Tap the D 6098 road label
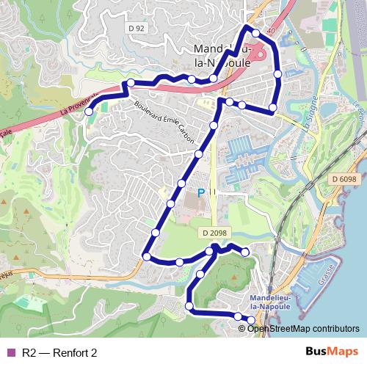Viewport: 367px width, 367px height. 343,178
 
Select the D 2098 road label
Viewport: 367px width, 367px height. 212,233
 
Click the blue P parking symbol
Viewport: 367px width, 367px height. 201,193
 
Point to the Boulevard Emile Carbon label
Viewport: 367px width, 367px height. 161,118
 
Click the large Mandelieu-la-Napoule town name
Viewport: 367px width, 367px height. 220,56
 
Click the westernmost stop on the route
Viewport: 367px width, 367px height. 89,112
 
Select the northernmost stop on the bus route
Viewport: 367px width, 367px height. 255,33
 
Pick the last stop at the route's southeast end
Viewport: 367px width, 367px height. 251,319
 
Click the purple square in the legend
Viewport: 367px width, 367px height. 10,352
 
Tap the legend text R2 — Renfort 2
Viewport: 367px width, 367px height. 59,352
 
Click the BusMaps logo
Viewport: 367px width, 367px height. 331,352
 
